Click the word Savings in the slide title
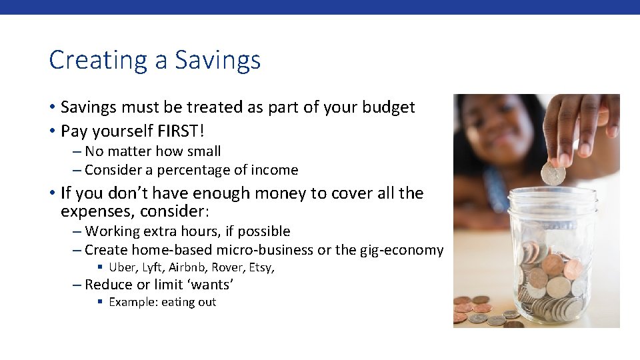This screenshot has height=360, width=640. (217, 61)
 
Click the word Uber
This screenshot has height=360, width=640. (121, 267)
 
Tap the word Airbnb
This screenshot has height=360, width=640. (188, 267)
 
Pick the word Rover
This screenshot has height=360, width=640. (227, 267)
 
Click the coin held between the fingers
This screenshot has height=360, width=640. (553, 173)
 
